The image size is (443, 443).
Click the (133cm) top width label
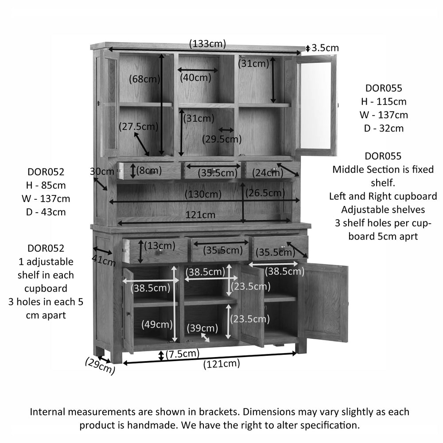click(x=207, y=44)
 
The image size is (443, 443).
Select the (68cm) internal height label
click(x=145, y=79)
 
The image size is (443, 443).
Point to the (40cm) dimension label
click(x=195, y=78)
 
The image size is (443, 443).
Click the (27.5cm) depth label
click(x=138, y=126)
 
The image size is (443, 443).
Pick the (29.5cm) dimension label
click(x=222, y=139)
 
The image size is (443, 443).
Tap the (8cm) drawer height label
click(x=149, y=171)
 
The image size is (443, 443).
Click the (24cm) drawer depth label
click(x=268, y=172)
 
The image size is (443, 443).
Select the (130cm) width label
click(x=203, y=194)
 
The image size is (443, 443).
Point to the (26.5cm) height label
click(x=265, y=193)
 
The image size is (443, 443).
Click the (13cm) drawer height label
click(x=159, y=245)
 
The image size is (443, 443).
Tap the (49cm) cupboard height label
click(x=157, y=324)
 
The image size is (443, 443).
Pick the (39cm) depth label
click(x=202, y=328)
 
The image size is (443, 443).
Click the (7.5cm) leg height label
click(x=183, y=354)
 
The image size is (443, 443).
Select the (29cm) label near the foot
click(x=100, y=366)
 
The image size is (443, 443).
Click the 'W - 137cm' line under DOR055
click(x=384, y=115)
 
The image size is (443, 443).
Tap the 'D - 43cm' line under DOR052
click(x=46, y=212)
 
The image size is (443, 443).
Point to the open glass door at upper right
click(x=316, y=105)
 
